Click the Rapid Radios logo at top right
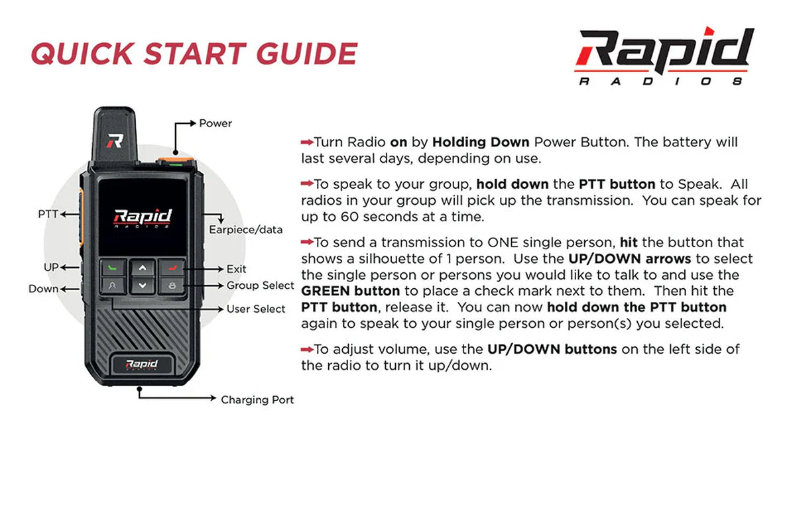click(x=664, y=56)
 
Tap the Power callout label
click(x=215, y=123)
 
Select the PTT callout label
click(x=48, y=214)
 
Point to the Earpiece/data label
click(x=245, y=230)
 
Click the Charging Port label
click(x=257, y=399)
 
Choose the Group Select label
click(x=260, y=286)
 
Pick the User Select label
click(x=256, y=309)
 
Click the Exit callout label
click(x=236, y=269)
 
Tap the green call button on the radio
click(x=113, y=268)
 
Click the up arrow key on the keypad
click(x=142, y=268)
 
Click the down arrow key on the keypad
click(x=142, y=286)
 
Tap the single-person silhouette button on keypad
click(x=113, y=286)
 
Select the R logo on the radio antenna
click(x=115, y=140)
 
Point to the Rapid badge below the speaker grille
click(x=142, y=364)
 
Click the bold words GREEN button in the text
click(x=350, y=291)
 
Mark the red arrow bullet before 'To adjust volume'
click(x=306, y=349)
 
